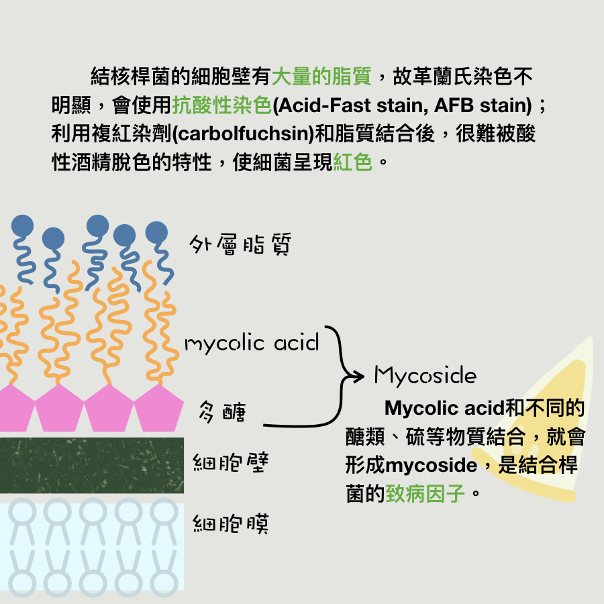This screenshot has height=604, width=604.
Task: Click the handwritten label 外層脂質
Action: coord(240,245)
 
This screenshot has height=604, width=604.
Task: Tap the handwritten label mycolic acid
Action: coord(252,344)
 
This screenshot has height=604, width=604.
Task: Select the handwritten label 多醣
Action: coord(222,411)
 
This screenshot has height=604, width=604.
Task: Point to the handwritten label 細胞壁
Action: coord(231,463)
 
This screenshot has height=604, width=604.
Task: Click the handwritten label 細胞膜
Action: coord(231,523)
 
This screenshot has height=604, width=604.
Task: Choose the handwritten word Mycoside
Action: coord(425,375)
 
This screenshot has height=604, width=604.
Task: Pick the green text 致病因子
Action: coord(425,495)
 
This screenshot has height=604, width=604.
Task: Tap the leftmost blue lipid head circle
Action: coord(22,225)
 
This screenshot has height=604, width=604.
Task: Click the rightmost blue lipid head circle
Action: coord(156,232)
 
